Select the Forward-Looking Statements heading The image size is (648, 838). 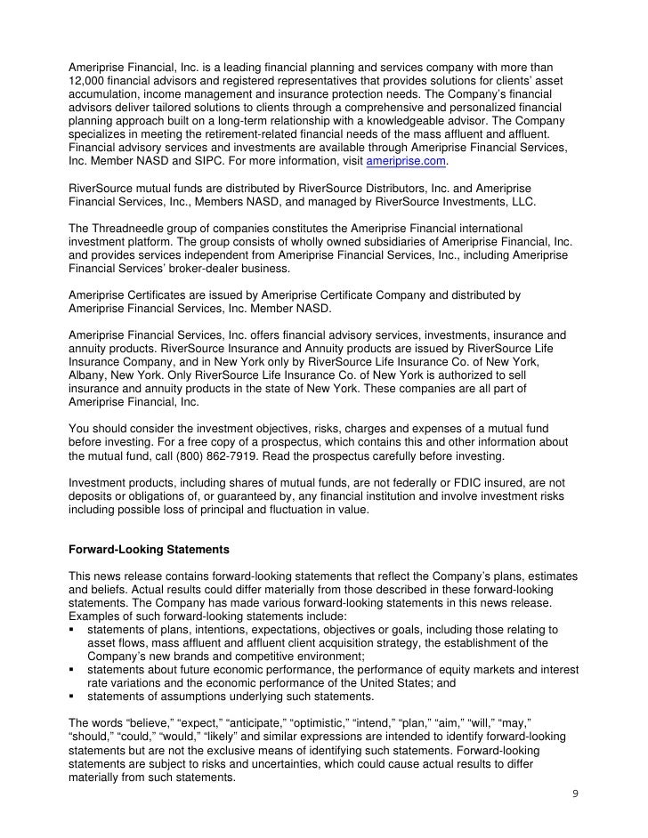click(150, 552)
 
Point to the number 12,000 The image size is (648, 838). click(86, 82)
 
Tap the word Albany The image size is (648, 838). click(87, 377)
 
